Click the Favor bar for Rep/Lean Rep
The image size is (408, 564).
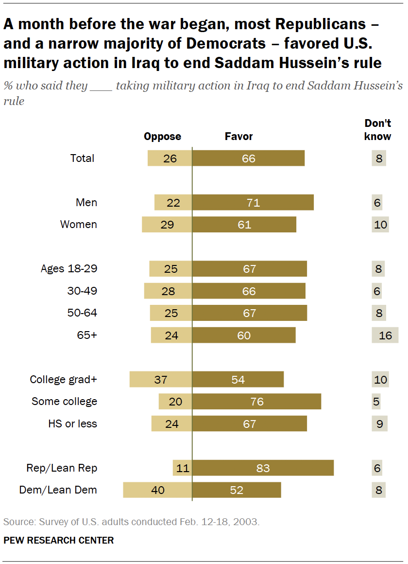tap(263, 468)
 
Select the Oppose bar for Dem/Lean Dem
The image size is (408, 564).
tap(158, 490)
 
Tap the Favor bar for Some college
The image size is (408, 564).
tap(256, 402)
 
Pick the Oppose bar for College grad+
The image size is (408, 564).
tap(161, 380)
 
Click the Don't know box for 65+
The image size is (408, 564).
tap(385, 335)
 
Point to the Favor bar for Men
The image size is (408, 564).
tap(253, 203)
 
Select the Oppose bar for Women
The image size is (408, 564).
tap(167, 225)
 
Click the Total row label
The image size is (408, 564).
tap(82, 159)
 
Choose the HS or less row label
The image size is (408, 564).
tap(72, 424)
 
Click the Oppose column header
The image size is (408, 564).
tap(162, 137)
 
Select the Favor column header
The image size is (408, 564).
tap(238, 137)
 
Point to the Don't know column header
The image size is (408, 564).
tap(377, 130)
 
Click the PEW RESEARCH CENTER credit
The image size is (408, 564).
tap(59, 540)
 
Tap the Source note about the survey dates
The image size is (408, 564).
tap(132, 522)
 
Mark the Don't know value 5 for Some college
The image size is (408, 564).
tap(377, 402)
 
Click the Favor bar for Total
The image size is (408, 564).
tap(248, 159)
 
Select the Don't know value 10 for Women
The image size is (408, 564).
tap(380, 225)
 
